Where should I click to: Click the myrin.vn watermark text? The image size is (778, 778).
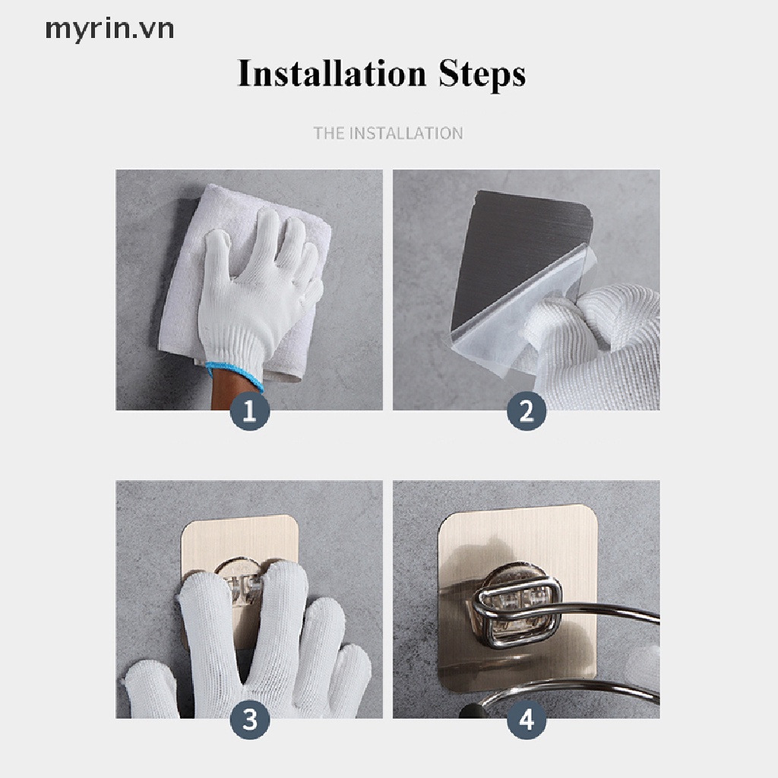109,30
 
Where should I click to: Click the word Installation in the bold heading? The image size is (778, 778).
332,74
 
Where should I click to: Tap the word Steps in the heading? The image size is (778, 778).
482,74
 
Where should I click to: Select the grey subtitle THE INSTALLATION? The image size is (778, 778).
388,133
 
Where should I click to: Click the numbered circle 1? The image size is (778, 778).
249,411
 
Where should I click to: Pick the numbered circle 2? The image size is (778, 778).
527,411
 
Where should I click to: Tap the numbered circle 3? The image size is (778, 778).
249,719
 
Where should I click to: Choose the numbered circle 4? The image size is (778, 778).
527,719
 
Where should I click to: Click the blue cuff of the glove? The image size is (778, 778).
234,375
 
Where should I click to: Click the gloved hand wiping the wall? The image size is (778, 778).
258,293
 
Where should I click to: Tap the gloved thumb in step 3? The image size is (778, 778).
149,690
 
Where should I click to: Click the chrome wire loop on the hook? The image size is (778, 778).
516,615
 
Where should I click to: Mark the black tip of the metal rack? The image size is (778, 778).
470,710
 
